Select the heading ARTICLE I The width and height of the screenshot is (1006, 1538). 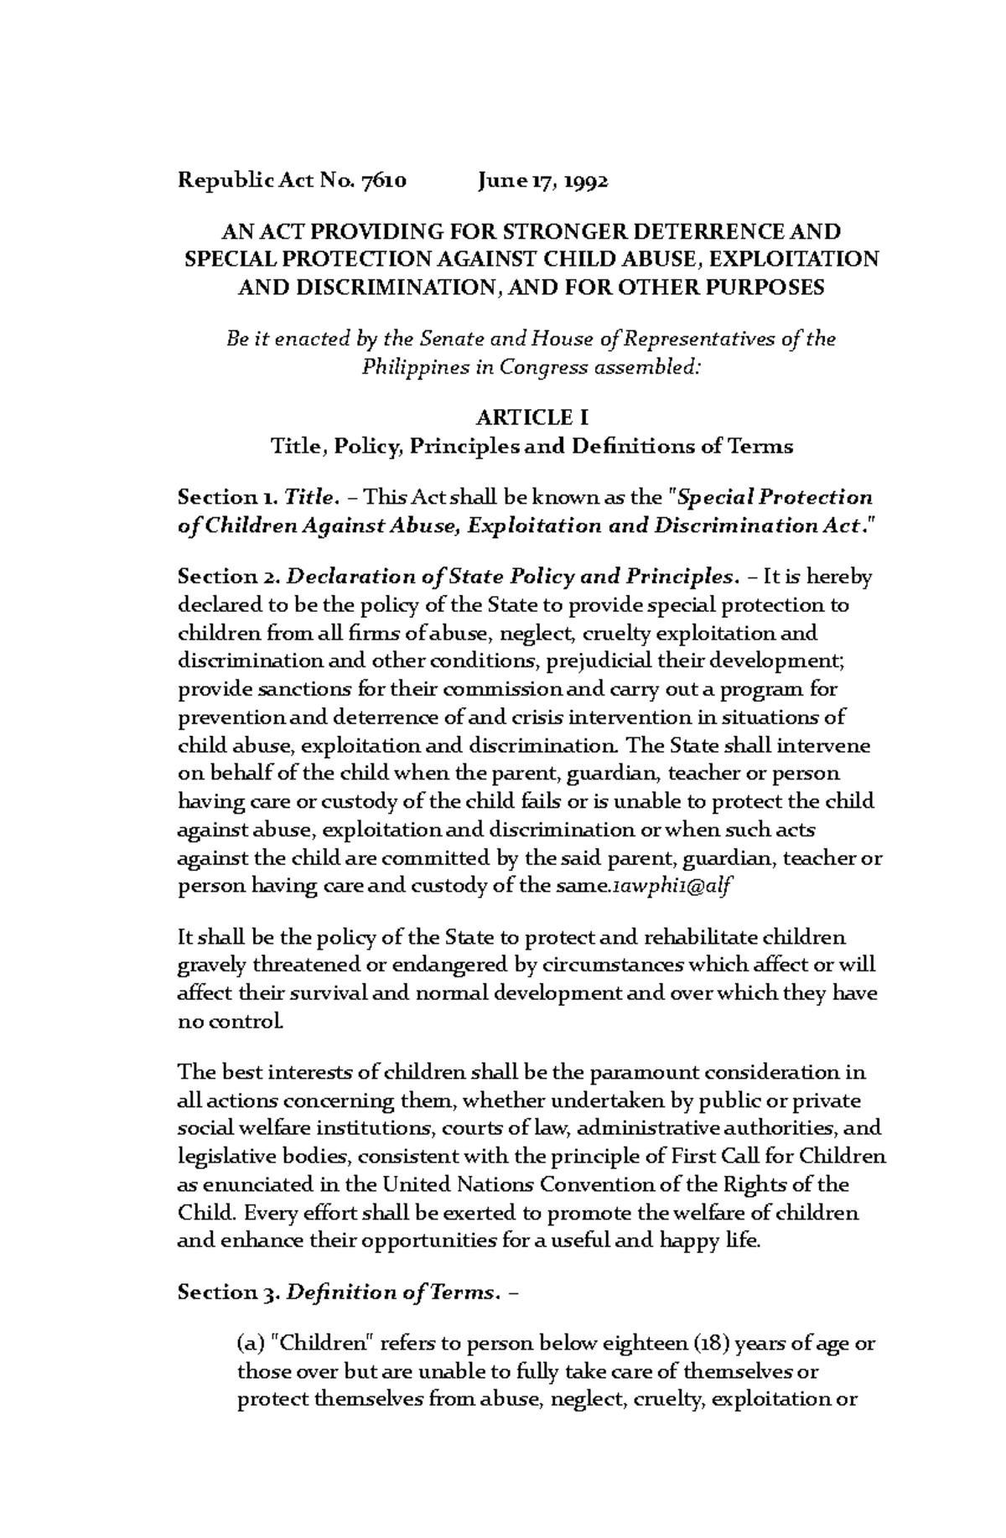[532, 417]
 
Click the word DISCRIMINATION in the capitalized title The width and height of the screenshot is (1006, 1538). [386, 288]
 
